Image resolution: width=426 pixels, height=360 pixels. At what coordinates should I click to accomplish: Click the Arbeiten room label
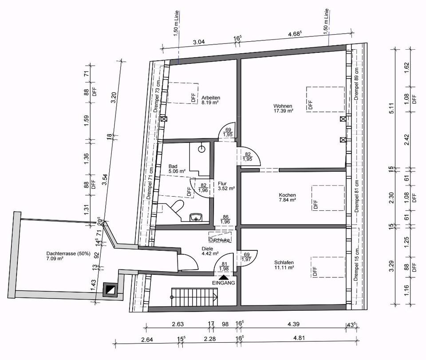pyautogui.click(x=210, y=100)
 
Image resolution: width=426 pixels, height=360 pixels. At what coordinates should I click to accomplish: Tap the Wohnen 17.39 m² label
pyautogui.click(x=283, y=108)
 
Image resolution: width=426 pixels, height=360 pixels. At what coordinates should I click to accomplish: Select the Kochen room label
pyautogui.click(x=287, y=197)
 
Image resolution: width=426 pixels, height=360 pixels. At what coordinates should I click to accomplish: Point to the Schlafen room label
pyautogui.click(x=284, y=265)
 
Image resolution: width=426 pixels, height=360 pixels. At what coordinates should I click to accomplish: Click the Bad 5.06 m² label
pyautogui.click(x=177, y=169)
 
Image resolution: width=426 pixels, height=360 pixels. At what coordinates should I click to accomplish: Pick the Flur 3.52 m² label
pyautogui.click(x=226, y=186)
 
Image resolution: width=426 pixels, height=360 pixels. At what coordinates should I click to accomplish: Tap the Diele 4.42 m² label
pyautogui.click(x=210, y=251)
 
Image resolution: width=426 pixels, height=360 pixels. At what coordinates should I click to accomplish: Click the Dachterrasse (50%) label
pyautogui.click(x=68, y=256)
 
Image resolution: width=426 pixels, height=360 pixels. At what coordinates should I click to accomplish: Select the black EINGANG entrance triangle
pyautogui.click(x=223, y=278)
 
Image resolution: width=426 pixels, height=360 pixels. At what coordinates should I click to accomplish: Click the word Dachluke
pyautogui.click(x=220, y=240)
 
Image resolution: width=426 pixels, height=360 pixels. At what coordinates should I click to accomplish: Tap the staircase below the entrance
pyautogui.click(x=194, y=297)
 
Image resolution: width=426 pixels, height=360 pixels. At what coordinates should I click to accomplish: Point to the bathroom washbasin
pyautogui.click(x=196, y=217)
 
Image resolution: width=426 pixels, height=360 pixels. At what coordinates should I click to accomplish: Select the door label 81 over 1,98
pyautogui.click(x=225, y=266)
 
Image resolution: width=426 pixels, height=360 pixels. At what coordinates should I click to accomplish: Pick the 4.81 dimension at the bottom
pyautogui.click(x=299, y=338)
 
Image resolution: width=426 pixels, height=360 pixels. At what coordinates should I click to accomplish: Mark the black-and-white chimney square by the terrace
pyautogui.click(x=110, y=289)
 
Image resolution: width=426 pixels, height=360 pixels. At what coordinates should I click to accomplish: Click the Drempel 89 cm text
pyautogui.click(x=357, y=84)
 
